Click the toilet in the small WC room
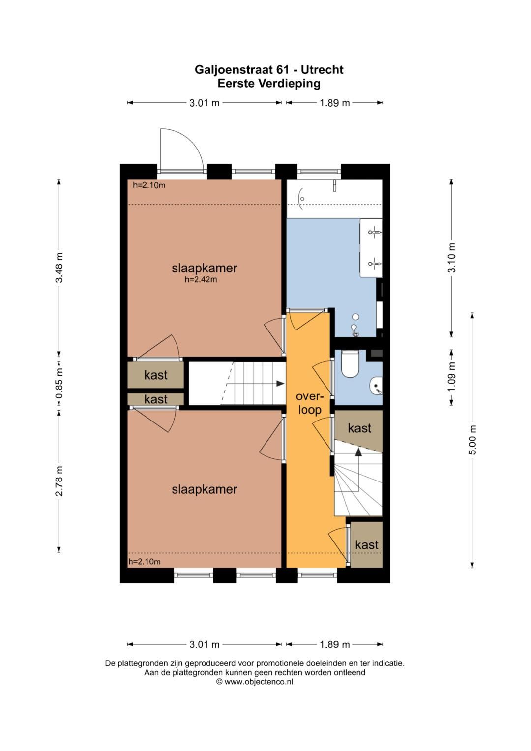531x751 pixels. [350, 364]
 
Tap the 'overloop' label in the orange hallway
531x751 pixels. [309, 403]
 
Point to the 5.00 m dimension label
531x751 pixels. [472, 440]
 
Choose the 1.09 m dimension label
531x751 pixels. [451, 376]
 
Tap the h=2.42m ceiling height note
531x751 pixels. [201, 279]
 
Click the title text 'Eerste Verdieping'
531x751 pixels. [269, 83]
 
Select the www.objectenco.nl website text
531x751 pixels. [259, 681]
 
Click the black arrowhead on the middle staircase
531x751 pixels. [280, 384]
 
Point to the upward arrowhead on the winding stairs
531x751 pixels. [358, 452]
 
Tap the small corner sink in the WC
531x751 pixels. [377, 386]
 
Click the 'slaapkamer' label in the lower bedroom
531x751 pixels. [204, 489]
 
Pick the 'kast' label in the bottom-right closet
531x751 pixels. [367, 545]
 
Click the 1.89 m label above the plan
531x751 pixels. [334, 103]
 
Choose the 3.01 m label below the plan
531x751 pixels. [204, 644]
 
